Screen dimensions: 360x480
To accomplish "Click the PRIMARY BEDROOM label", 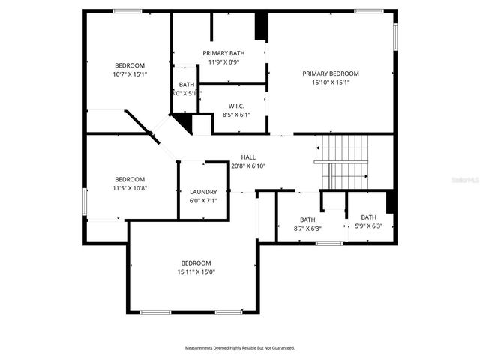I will click(x=331, y=73).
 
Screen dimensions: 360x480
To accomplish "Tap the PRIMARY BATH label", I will click(x=223, y=53).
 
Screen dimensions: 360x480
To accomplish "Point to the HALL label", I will click(x=248, y=157).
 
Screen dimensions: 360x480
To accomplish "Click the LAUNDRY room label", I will click(x=203, y=192).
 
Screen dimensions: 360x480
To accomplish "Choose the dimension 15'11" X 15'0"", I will click(x=196, y=272).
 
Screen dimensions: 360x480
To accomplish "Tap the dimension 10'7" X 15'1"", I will click(x=130, y=74).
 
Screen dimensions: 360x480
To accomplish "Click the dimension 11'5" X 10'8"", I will click(x=130, y=188).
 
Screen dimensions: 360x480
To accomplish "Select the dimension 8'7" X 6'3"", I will click(x=308, y=228).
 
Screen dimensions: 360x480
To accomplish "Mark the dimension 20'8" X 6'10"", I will click(x=248, y=166).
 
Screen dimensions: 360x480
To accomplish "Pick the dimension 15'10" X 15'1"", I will click(x=331, y=82).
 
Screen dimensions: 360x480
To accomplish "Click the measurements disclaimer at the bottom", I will click(x=240, y=348).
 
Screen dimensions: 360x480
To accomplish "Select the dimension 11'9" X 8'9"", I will click(x=223, y=62).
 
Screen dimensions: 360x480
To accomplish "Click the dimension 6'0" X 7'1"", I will click(x=203, y=200).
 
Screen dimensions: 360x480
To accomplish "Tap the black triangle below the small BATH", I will click(x=181, y=121).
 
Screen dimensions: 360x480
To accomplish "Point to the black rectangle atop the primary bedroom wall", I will click(x=261, y=26).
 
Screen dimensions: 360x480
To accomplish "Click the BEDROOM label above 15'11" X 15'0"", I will click(x=196, y=263).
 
